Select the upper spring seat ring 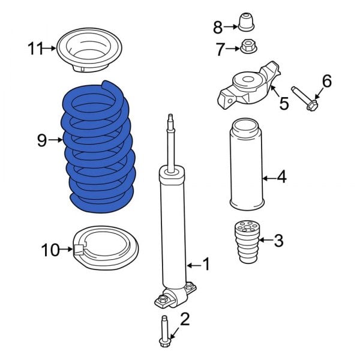89,51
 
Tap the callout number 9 41,140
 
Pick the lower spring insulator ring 106,249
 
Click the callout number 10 50,248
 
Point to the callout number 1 206,263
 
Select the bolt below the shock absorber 164,330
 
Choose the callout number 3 278,242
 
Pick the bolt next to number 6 305,98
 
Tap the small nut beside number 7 247,46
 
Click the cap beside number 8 247,23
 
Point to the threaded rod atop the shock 172,141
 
